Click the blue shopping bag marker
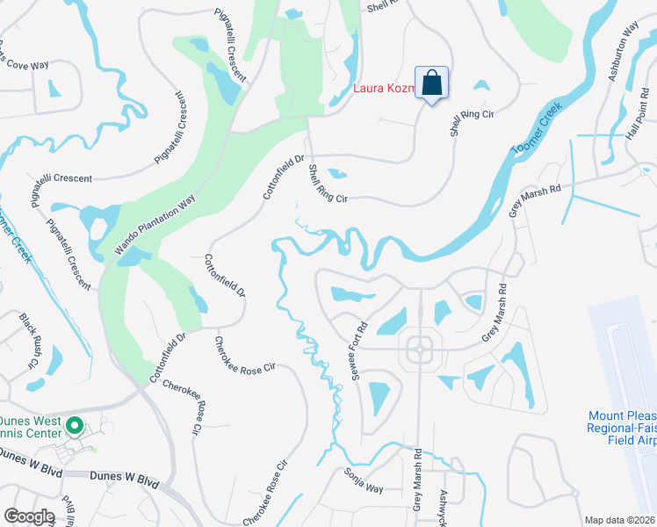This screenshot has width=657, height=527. [431, 84]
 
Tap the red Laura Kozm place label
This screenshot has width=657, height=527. [384, 88]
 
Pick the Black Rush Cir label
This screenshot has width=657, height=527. [31, 340]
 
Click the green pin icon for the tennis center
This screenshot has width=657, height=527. [75, 428]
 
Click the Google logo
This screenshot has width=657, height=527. [29, 516]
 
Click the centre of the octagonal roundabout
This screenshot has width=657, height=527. [420, 349]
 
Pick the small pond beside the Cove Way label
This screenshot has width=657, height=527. [54, 88]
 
